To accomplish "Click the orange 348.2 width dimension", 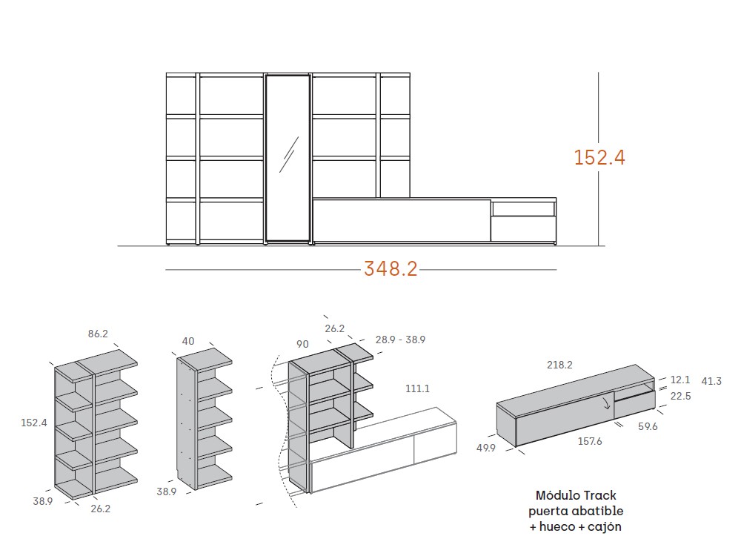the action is coord(391,269).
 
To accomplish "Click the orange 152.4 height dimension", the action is coord(599,157).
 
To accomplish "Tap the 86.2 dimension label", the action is coord(98,334).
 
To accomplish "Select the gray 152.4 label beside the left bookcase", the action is coord(34,423).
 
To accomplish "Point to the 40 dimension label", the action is coord(188,341).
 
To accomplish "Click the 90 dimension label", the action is coord(302,344).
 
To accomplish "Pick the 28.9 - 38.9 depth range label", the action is coord(400,340).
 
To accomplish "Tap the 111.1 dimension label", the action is coord(417,388).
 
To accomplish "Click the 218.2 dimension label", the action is coord(559,365).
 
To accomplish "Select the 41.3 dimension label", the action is coord(711,381).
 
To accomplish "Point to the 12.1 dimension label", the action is coord(680,380).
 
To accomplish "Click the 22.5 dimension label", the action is coord(680,396).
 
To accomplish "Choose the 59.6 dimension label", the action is coord(648,426).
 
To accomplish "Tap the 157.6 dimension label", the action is coord(590,441).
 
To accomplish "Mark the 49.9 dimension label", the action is coord(486,448).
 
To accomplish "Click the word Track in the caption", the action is coord(599,495).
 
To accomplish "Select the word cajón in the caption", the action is coord(605,526).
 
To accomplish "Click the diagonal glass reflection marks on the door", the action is coord(289,155).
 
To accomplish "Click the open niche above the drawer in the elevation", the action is coord(523,209).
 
